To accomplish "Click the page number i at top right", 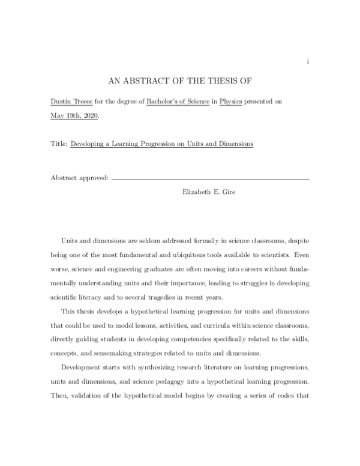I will pos(308,61).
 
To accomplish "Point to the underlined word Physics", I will pos(232,103).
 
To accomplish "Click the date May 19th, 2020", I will pos(76,116).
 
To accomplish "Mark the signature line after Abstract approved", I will pos(210,180).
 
